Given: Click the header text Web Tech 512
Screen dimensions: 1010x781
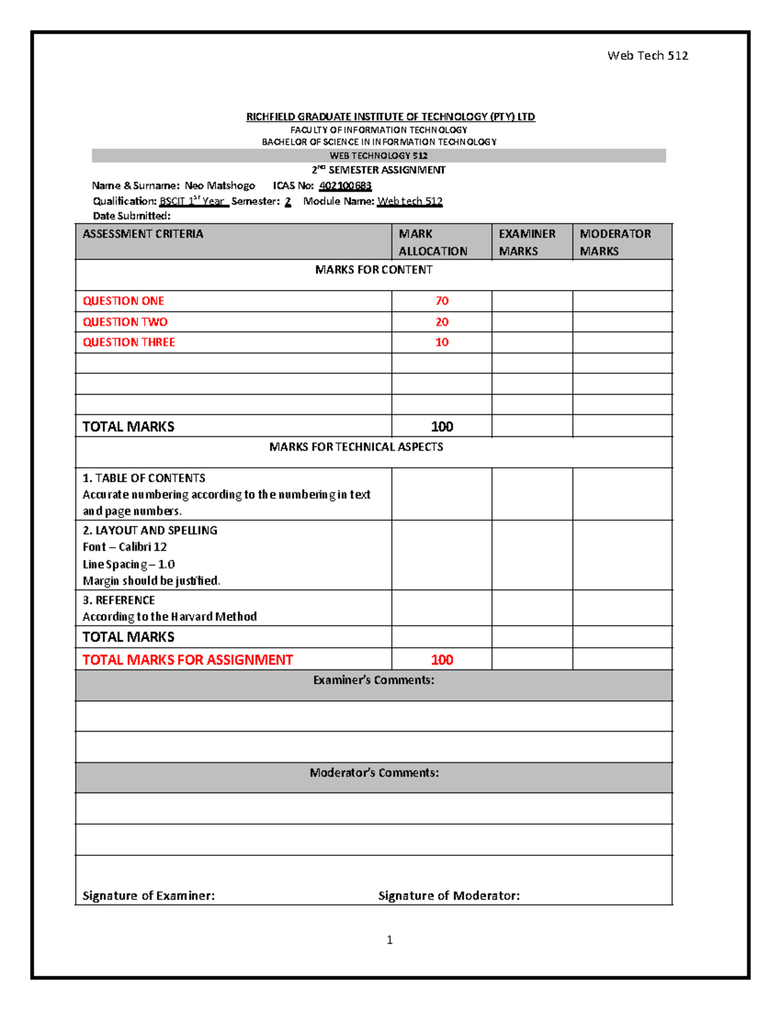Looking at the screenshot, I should tap(648, 56).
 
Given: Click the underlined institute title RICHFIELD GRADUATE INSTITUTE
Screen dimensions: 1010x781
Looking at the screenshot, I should tap(390, 117).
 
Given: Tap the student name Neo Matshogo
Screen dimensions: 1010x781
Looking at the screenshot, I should tap(220, 186).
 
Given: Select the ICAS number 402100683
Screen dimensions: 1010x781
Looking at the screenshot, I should tap(345, 186).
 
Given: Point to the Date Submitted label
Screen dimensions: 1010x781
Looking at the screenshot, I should tap(131, 216).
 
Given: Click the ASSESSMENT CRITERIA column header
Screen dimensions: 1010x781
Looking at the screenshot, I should tap(143, 234).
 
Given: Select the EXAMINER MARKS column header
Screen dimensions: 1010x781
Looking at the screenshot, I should tap(527, 242).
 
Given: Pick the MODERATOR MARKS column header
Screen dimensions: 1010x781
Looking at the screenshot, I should tap(615, 242).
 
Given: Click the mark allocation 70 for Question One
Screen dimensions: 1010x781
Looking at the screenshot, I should tap(442, 301).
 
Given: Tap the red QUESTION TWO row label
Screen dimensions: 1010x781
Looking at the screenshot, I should tap(125, 322).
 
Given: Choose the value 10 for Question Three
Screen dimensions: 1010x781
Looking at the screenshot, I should tap(442, 343).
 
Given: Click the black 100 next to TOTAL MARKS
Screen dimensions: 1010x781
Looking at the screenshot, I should tap(442, 427).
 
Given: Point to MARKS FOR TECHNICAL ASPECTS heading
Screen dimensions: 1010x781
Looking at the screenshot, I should tap(356, 447).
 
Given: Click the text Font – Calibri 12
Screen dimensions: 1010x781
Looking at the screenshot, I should tap(124, 547).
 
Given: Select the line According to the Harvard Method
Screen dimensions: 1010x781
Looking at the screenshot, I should tap(169, 617).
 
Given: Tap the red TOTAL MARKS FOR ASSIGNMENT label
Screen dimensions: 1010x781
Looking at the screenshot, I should tap(187, 660).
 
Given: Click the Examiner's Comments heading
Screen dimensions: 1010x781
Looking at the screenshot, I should tap(374, 680).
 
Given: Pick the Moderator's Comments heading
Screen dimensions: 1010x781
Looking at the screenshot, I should tap(374, 773).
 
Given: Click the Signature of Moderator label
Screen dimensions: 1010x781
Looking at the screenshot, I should tap(449, 896).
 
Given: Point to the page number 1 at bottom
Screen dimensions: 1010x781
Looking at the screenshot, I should tap(389, 940).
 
